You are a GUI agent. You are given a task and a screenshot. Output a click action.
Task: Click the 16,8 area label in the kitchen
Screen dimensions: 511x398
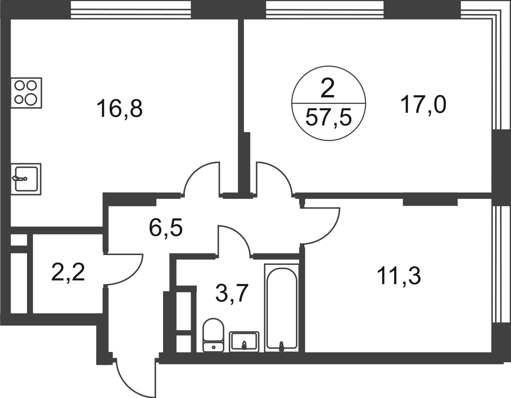tap(120, 108)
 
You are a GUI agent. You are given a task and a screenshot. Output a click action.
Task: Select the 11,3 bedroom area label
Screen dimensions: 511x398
tap(399, 277)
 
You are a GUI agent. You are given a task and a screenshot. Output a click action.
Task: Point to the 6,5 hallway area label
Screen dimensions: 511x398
tap(166, 228)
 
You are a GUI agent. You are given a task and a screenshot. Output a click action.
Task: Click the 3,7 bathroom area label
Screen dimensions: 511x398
tap(232, 293)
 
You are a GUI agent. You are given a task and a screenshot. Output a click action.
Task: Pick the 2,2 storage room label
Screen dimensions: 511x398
tap(68, 272)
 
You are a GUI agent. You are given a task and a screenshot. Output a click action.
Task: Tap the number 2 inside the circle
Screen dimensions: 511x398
tap(328, 88)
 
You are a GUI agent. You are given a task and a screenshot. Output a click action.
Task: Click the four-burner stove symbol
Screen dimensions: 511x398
tap(26, 93)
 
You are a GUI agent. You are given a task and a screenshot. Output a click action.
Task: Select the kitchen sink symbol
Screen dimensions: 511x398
tap(26, 179)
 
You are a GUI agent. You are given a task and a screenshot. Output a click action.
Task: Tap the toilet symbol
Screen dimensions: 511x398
tap(213, 338)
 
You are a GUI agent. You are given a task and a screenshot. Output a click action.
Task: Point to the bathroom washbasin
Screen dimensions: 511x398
tap(244, 342)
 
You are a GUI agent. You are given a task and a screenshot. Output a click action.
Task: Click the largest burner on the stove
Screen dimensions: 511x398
tap(31, 99)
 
